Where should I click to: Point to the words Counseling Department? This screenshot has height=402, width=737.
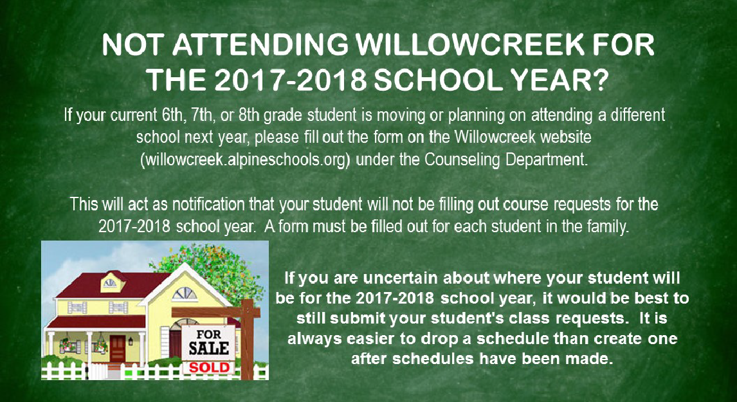[505, 160]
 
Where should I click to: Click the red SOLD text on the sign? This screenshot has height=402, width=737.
[208, 367]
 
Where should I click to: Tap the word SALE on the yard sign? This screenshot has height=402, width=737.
[209, 349]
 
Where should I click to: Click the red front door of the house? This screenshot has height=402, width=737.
[117, 349]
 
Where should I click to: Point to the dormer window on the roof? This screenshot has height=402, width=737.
[110, 283]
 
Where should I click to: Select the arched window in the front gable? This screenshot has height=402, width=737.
[184, 295]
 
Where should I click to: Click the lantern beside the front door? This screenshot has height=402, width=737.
[131, 341]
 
